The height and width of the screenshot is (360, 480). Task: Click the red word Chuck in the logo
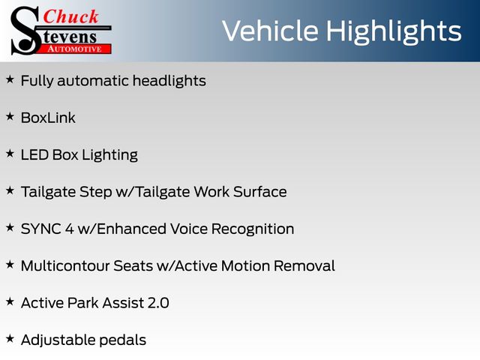tap(70, 16)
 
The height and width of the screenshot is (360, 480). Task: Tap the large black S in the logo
tap(25, 31)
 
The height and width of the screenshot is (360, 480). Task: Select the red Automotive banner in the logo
tap(75, 49)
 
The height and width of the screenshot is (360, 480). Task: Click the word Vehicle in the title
tap(270, 31)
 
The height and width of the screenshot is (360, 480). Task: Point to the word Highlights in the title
tap(393, 32)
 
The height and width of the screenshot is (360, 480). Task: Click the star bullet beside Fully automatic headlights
tap(10, 79)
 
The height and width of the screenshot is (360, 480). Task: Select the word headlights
tap(169, 81)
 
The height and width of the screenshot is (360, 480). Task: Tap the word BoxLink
tap(48, 118)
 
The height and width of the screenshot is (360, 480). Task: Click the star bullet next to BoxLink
tap(10, 117)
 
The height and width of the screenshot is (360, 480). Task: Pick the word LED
tap(34, 155)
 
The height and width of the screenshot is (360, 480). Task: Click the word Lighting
tap(110, 155)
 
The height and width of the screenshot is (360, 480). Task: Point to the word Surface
tap(260, 192)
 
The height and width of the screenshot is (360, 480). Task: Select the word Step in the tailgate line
tap(96, 193)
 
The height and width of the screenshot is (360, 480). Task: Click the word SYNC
tap(41, 229)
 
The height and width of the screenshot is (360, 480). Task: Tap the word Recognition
tap(253, 229)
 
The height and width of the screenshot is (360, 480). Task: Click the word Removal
tap(304, 266)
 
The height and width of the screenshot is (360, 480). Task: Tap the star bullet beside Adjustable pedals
tap(10, 339)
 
